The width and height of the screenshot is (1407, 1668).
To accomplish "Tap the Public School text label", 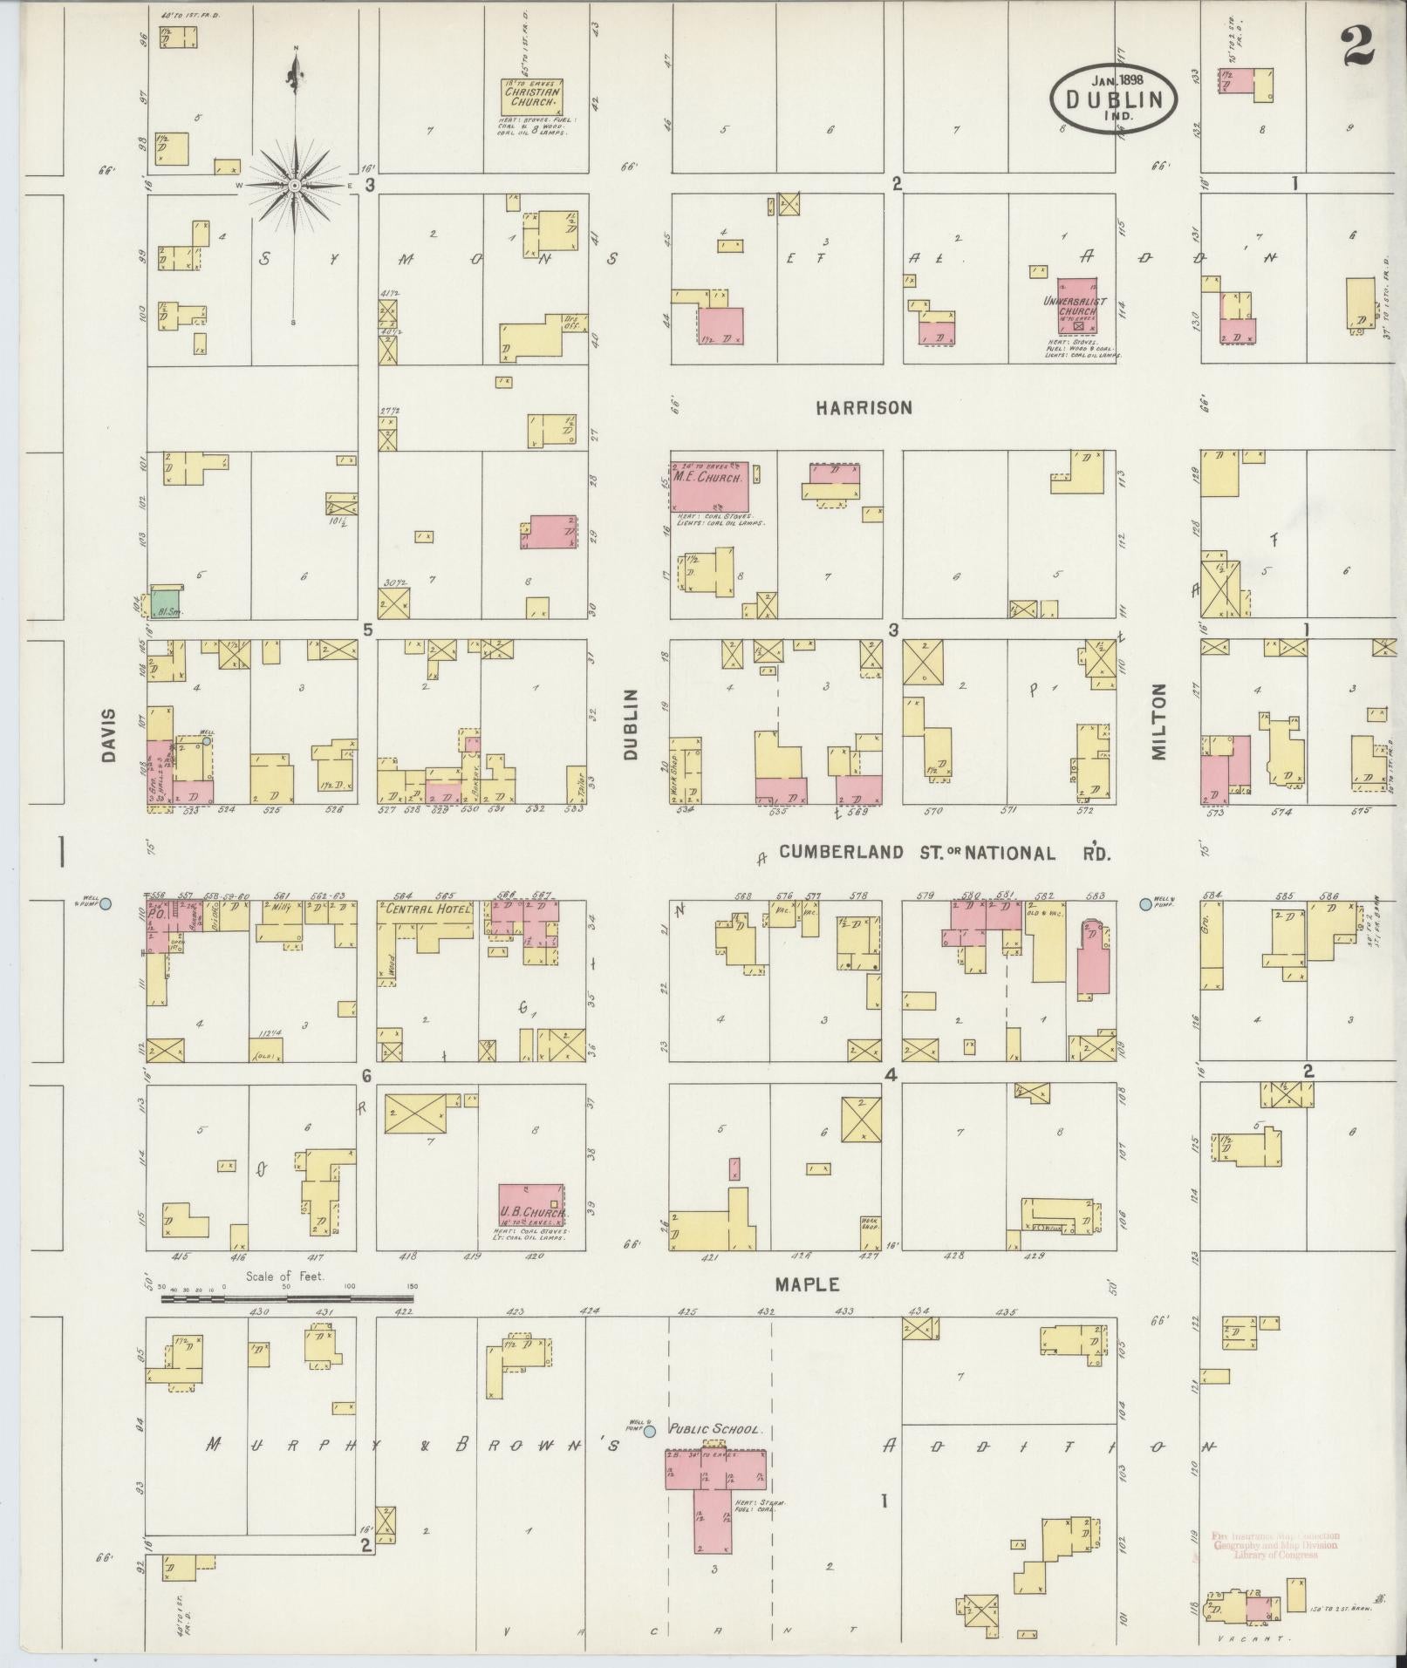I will tap(715, 1430).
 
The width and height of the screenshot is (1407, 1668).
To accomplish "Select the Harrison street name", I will tap(864, 407).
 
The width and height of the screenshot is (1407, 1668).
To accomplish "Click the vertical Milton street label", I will tap(1158, 722).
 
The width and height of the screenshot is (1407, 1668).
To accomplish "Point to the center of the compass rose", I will tap(296, 186).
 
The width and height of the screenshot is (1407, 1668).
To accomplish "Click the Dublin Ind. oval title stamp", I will tap(1113, 99).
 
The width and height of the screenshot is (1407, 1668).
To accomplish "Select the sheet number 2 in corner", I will tap(1358, 44).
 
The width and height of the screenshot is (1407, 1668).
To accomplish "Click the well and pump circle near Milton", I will tap(1145, 905).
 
